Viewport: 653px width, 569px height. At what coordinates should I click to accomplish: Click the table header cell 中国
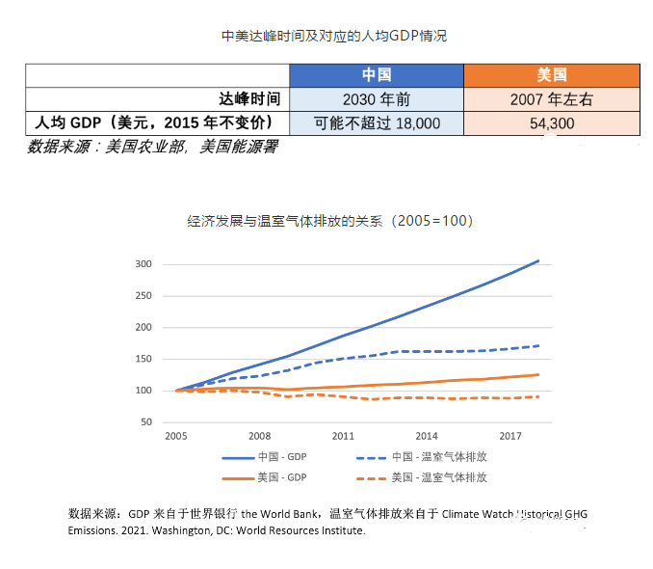pos(377,75)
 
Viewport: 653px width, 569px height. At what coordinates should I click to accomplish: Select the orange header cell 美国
pos(551,75)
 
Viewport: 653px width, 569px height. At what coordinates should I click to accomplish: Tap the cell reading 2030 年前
pos(377,98)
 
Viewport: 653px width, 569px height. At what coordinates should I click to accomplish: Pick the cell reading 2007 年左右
pos(551,98)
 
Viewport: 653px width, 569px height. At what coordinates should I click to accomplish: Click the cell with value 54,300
pos(551,122)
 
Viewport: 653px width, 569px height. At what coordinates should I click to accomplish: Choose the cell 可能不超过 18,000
pos(377,122)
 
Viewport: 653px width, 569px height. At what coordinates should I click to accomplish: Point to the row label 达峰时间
pos(249,98)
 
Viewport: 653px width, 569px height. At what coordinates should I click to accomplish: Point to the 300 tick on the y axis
pos(144,264)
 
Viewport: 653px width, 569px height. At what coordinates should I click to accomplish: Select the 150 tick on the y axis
pos(144,359)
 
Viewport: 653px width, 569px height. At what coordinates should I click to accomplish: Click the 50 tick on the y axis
pos(146,422)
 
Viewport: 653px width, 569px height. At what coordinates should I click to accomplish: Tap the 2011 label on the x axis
pos(343,437)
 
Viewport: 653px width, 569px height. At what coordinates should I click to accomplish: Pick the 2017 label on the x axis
pos(509,437)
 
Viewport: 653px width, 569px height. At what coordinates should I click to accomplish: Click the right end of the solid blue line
pos(538,260)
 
